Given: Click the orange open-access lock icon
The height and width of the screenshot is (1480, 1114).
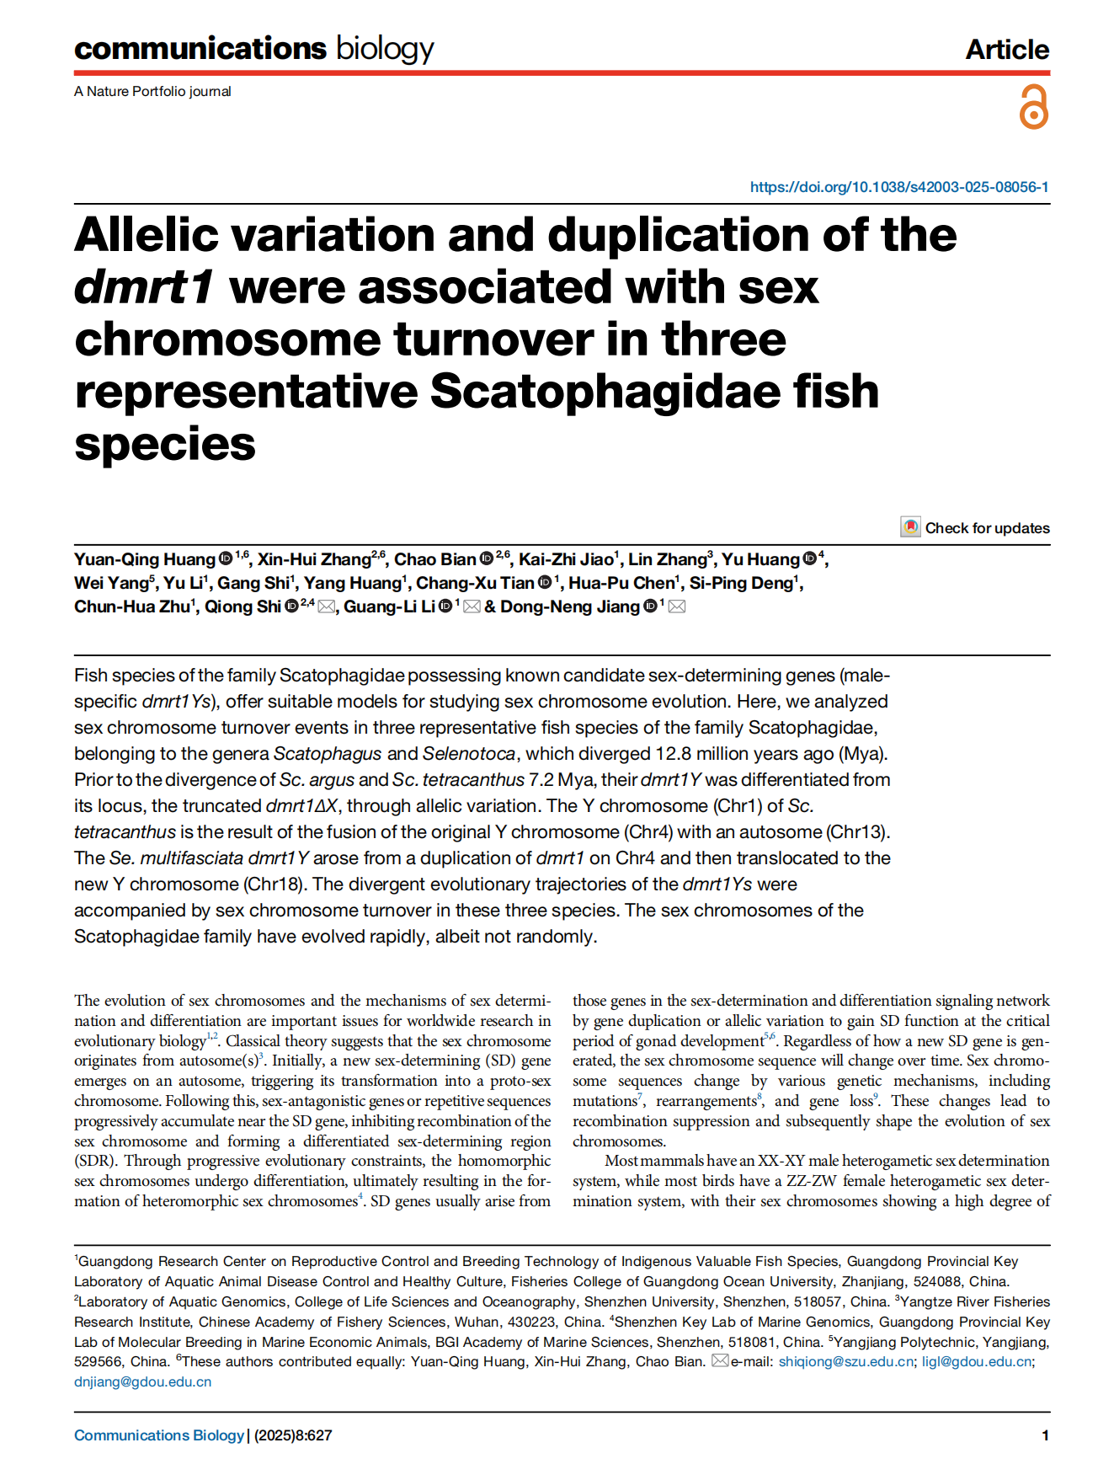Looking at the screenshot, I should tap(1034, 107).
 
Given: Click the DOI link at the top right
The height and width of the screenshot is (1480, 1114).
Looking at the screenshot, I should tap(899, 187).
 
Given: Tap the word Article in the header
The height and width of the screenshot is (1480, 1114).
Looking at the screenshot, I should tap(1007, 50).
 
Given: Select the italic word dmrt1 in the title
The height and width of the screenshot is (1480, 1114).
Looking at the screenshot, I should tap(144, 287).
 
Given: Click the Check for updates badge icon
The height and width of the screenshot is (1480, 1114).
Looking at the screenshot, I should tap(910, 528).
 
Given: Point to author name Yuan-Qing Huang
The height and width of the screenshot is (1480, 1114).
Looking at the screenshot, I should tap(145, 560).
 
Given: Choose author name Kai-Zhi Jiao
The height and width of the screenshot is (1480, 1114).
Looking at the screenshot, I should tap(566, 560).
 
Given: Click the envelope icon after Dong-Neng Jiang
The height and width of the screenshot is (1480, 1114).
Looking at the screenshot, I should tap(676, 606).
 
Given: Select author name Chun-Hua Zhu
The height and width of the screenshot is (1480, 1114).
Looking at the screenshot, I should tap(132, 606).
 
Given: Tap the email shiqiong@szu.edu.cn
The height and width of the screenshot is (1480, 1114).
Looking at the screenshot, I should tap(845, 1362).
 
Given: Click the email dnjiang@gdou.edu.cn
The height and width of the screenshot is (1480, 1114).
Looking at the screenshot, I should tap(142, 1382).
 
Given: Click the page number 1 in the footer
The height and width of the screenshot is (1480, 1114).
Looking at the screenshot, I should tap(1045, 1435).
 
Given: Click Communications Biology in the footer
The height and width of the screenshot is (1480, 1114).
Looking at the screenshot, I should tap(158, 1435).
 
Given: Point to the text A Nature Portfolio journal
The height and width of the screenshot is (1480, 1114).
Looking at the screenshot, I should tap(152, 91).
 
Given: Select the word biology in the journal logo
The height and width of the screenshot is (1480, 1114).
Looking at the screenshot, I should tap(385, 49).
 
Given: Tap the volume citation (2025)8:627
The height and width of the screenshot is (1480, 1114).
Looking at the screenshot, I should tap(293, 1435).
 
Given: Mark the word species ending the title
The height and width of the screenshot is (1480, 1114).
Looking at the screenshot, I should tap(165, 444).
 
